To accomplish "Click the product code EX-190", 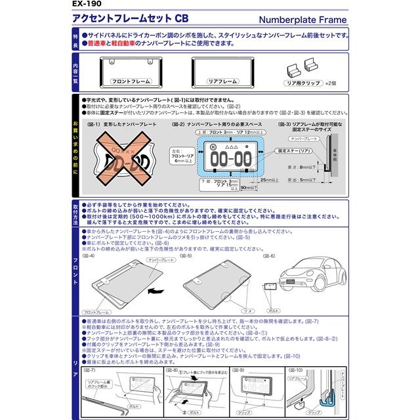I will (x=87, y=5).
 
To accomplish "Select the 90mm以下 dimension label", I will (x=250, y=188).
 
